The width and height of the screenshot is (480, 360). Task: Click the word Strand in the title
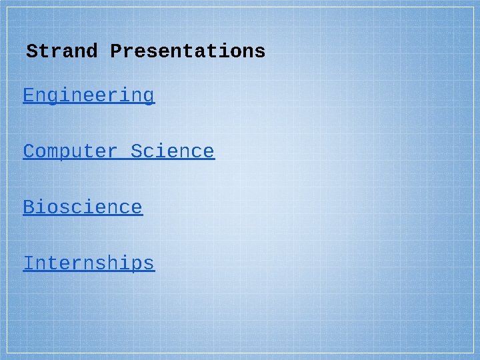click(x=62, y=51)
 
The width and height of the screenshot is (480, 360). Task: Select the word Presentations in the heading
click(x=188, y=51)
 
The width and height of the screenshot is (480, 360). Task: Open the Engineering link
click(x=89, y=96)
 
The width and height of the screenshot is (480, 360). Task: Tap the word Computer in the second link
click(x=71, y=152)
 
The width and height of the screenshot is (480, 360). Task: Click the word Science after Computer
click(x=173, y=152)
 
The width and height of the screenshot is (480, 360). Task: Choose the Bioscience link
click(x=83, y=208)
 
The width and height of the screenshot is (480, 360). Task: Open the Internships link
click(x=89, y=264)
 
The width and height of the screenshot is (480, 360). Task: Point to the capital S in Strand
click(x=32, y=51)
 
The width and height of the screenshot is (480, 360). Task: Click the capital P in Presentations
click(x=116, y=51)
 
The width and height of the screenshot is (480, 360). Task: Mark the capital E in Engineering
click(x=29, y=96)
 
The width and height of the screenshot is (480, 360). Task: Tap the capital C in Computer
click(x=29, y=152)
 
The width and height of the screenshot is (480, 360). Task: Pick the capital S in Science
click(x=137, y=152)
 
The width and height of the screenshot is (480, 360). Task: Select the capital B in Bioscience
click(x=29, y=208)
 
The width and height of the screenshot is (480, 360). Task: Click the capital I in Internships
click(x=29, y=264)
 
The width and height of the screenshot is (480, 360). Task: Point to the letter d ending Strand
click(x=92, y=51)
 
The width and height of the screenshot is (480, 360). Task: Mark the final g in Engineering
click(x=149, y=97)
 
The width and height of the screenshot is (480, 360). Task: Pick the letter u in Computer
click(x=77, y=153)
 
